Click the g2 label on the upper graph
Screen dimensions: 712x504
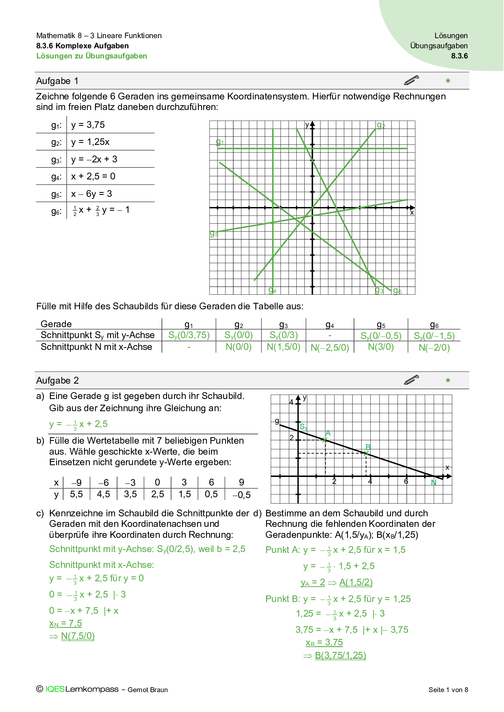380,125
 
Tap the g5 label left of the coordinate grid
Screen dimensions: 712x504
214,233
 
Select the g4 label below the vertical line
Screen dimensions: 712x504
272,291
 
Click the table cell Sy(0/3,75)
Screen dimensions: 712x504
189,335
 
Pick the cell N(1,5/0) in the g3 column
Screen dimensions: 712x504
283,347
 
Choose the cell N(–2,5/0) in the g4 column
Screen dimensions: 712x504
330,348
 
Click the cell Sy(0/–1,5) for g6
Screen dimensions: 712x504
434,336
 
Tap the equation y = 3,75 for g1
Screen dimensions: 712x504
88,125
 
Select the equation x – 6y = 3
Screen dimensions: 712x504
91,194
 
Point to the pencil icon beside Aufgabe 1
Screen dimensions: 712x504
411,80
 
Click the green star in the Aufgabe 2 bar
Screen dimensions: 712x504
448,380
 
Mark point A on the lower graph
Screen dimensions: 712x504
325,440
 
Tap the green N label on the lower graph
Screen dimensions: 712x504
434,483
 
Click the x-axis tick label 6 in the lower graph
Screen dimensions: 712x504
406,482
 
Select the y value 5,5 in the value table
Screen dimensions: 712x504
76,494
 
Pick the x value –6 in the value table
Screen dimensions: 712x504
103,483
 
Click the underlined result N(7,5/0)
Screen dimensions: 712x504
78,636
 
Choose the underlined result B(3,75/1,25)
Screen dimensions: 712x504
340,656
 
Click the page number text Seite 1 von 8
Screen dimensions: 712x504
448,690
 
